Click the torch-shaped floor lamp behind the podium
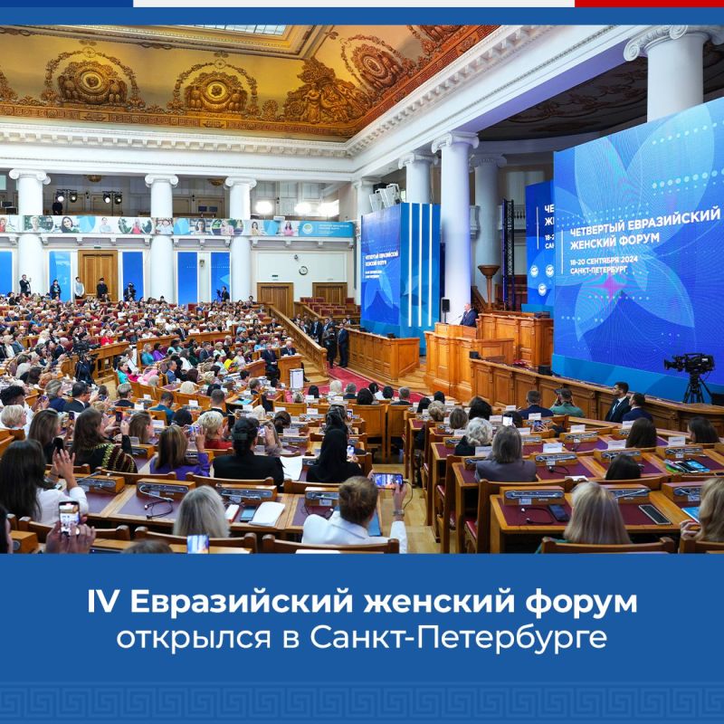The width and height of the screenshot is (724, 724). (x=489, y=276)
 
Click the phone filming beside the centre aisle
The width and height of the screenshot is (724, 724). (x=387, y=481)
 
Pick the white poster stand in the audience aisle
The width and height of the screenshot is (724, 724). (x=296, y=377)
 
